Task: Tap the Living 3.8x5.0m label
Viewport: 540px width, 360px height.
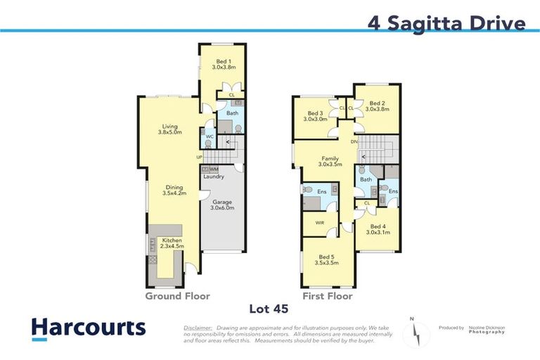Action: (169, 128)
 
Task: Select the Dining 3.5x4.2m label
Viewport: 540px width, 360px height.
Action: (172, 190)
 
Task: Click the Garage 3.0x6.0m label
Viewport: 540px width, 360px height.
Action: (222, 205)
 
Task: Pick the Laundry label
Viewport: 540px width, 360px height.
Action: (214, 176)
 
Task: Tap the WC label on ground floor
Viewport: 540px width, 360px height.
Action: (210, 136)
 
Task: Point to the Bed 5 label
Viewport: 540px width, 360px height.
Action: (328, 260)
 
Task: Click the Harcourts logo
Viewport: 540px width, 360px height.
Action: (89, 328)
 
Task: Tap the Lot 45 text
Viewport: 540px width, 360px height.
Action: (269, 308)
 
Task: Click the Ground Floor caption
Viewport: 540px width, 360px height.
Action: (177, 296)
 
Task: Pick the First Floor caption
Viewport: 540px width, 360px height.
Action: (328, 296)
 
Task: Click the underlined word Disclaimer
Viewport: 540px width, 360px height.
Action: (198, 328)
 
